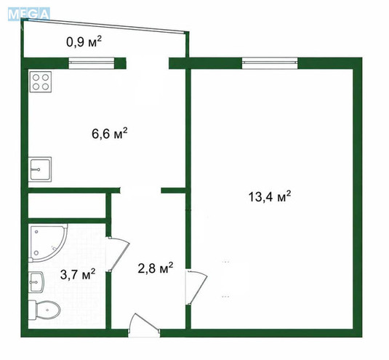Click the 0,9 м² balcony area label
tap(84, 42)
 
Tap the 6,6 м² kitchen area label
tap(109, 134)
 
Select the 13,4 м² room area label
tap(270, 197)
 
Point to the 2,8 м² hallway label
tap(156, 268)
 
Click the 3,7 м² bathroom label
tap(78, 274)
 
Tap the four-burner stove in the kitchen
tap(41, 82)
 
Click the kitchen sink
tap(40, 169)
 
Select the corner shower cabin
tap(48, 243)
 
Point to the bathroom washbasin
tap(36, 282)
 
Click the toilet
tap(44, 310)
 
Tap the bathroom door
tap(118, 254)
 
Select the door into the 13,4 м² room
tap(196, 287)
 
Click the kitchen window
tap(92, 63)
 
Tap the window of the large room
tap(270, 63)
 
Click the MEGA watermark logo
tap(29, 14)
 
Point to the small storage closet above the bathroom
tap(67, 206)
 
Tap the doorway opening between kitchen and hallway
tap(140, 191)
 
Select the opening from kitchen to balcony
tap(148, 63)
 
